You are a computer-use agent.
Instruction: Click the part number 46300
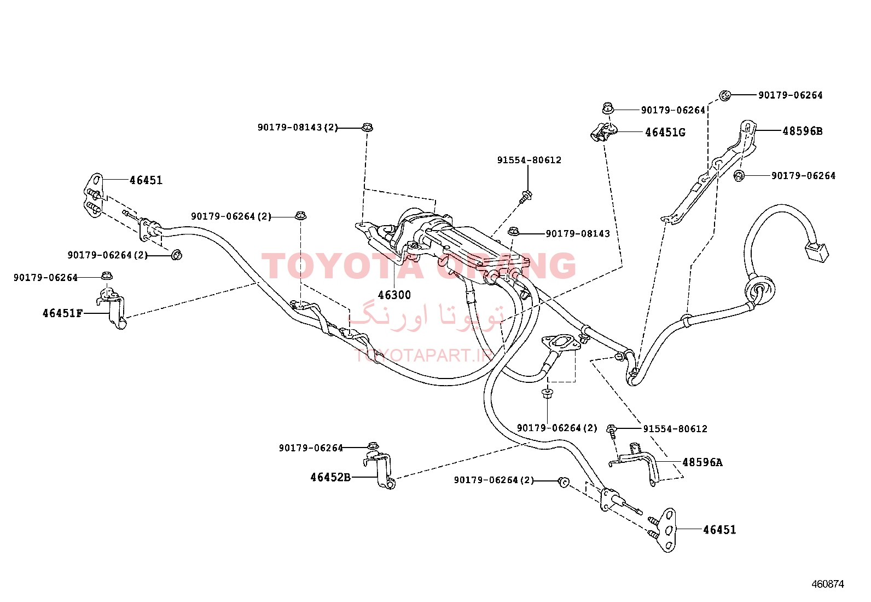tap(394, 295)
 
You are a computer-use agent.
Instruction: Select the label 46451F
tap(62, 313)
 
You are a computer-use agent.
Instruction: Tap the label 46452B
tap(330, 478)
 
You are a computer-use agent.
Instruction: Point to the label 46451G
tap(665, 133)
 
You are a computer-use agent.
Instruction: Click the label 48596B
tap(803, 131)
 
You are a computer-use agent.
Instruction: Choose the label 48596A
tap(702, 462)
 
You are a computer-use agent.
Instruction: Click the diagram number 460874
tap(827, 584)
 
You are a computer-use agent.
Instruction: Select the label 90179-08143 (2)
tap(298, 127)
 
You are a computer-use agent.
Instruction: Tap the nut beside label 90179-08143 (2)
tap(368, 127)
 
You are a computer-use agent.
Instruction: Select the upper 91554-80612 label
tap(529, 160)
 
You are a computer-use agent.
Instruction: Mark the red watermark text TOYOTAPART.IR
tap(425, 355)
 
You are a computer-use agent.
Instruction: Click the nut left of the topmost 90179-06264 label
tap(725, 95)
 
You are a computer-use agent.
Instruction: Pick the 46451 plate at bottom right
tap(669, 530)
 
